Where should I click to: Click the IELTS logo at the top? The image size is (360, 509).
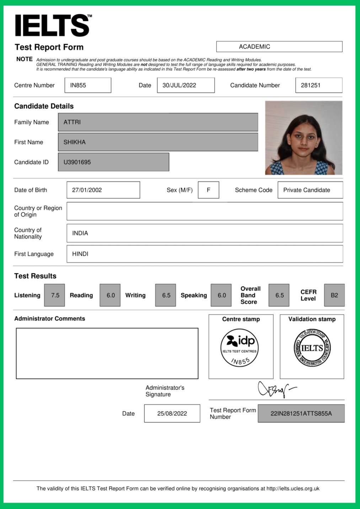[x=53, y=25]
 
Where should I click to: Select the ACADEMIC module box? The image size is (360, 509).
[x=279, y=47]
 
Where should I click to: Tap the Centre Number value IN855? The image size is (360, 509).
[x=87, y=85]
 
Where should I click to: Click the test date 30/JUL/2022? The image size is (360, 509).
[x=186, y=85]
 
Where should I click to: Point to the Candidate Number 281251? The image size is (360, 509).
[x=318, y=85]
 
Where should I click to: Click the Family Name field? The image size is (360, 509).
[x=158, y=122]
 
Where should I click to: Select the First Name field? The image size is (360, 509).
[x=158, y=142]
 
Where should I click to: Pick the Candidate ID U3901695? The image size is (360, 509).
[x=113, y=162]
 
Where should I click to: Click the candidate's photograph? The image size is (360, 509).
[x=303, y=138]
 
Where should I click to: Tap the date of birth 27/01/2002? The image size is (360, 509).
[x=103, y=190]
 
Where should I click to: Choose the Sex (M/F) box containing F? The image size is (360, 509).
[x=208, y=190]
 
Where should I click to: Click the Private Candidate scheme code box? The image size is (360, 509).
[x=310, y=190]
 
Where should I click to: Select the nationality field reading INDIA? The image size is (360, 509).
[x=204, y=233]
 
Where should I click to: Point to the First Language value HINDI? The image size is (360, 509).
[x=204, y=254]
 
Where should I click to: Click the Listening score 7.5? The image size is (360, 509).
[x=55, y=295]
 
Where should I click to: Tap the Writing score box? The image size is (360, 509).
[x=166, y=295]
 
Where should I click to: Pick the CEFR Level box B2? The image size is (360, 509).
[x=334, y=295]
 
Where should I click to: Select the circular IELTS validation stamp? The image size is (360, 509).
[x=312, y=348]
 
